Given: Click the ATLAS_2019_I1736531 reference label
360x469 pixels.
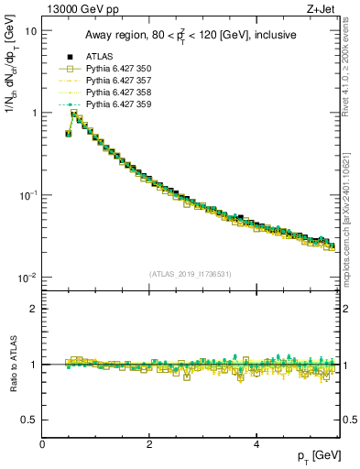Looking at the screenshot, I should (190, 274).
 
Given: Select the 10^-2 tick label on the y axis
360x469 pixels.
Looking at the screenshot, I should (27, 278).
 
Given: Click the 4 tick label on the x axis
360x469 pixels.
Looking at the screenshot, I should (256, 443).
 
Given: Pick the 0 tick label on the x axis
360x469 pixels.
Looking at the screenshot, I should (42, 443).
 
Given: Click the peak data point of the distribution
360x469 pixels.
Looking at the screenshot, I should (75, 115).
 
